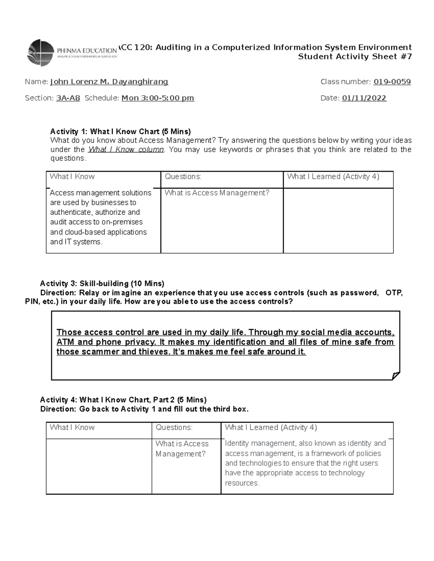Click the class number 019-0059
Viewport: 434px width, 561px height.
[392, 82]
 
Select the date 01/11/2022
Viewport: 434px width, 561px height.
[364, 98]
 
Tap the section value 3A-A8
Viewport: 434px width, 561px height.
[68, 98]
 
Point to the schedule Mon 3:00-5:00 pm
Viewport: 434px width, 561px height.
[158, 98]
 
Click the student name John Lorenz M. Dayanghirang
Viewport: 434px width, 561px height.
[109, 82]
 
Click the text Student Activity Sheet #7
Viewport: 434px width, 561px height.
[355, 57]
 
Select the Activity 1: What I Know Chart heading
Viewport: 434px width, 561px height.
[120, 131]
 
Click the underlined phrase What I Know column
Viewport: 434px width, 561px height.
[126, 150]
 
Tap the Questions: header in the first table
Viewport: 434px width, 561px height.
[183, 177]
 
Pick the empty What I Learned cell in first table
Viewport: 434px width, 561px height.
[338, 220]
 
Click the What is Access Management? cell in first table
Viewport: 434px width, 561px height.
[217, 193]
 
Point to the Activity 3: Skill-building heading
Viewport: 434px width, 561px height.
[102, 284]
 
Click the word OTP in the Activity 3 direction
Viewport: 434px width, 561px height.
[394, 293]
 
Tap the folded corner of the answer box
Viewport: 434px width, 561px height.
[396, 376]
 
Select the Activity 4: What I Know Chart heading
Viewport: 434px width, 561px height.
[123, 400]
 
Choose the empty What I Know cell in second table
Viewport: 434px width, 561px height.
[99, 466]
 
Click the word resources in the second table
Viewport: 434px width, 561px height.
[242, 483]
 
